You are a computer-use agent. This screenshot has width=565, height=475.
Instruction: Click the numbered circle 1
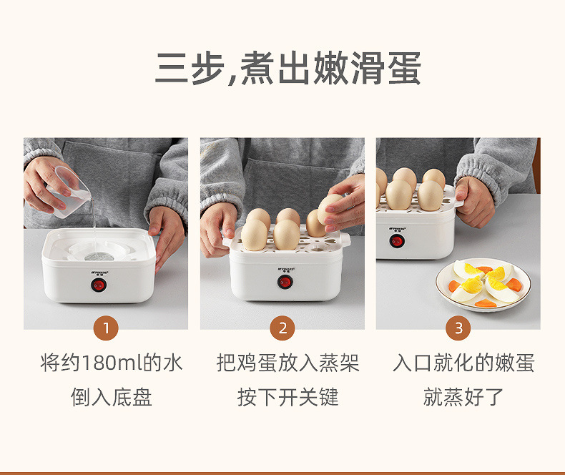(x=106, y=328)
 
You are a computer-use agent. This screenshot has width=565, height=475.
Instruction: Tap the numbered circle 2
(x=282, y=328)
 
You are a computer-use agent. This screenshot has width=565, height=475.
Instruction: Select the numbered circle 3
(x=458, y=328)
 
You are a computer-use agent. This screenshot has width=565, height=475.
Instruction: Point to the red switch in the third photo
(x=397, y=240)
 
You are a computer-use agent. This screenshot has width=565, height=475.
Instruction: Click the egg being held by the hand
(x=331, y=208)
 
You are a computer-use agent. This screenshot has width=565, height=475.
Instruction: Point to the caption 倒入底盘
(x=112, y=397)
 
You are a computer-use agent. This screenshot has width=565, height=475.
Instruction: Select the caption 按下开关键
(x=288, y=397)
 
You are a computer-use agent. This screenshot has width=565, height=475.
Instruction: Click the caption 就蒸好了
(x=463, y=397)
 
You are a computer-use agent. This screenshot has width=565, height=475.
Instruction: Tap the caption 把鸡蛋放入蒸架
(x=288, y=363)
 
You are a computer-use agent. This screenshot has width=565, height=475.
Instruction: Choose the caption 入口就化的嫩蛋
(x=463, y=363)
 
